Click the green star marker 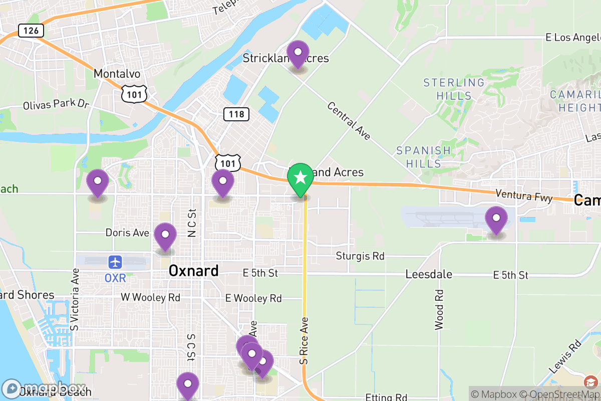(300, 178)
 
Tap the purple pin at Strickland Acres (298, 52)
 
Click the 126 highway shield (31, 31)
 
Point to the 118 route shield (236, 114)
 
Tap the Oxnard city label (193, 271)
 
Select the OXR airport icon (115, 262)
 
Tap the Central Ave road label (349, 121)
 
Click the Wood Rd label (439, 309)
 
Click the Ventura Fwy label (524, 195)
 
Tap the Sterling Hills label (454, 89)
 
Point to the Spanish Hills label (424, 157)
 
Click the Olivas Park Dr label (56, 105)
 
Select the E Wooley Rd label (253, 298)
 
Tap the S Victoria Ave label (75, 300)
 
